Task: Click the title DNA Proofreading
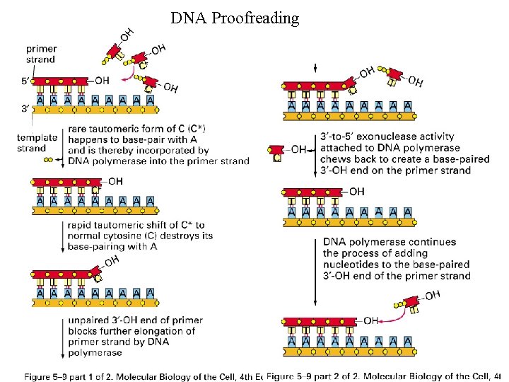(x=235, y=18)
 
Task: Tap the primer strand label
(x=41, y=54)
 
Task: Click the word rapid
(x=81, y=226)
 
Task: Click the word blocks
(x=83, y=331)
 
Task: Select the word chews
(x=337, y=159)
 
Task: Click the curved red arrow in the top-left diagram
(x=129, y=69)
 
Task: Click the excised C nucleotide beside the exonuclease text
(x=276, y=154)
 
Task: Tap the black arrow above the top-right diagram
(x=313, y=69)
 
